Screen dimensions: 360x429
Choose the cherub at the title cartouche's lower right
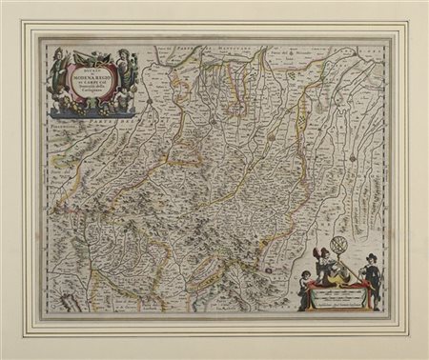[122, 97]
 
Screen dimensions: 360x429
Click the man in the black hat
[373, 277]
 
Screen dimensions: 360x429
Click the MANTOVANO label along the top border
[229, 43]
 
